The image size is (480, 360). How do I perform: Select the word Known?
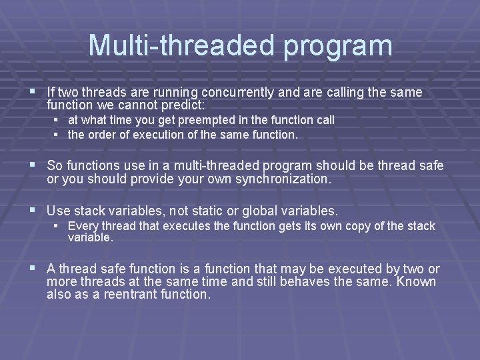tap(417, 281)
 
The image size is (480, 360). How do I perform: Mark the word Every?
tap(82, 226)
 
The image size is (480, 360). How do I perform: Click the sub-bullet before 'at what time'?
tap(57, 120)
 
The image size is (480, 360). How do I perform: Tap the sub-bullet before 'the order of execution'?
tap(57, 134)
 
